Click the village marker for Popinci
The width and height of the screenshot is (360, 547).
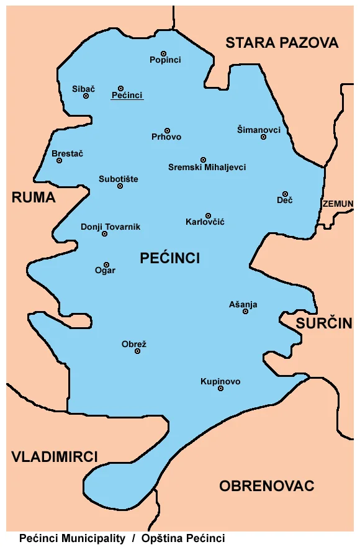point(164,53)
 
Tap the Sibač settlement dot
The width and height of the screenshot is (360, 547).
point(86,96)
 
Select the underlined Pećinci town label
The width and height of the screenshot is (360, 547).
point(127,96)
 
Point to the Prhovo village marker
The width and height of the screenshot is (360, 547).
point(167,130)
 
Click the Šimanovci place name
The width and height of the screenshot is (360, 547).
point(259,130)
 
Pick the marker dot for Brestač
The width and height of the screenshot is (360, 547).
point(59,160)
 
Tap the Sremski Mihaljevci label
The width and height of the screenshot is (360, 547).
point(207,168)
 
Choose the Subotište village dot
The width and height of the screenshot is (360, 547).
point(120,186)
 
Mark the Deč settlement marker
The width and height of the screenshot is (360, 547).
point(285,194)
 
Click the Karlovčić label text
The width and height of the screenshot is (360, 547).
point(205,222)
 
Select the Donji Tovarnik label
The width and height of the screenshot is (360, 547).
point(110,227)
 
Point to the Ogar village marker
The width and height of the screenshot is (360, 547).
point(106,264)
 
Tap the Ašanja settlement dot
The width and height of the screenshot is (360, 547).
point(245,311)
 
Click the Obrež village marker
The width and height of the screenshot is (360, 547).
point(137,351)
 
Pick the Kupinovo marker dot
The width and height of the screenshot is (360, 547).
point(220,388)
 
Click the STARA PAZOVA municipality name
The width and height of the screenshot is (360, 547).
point(282,43)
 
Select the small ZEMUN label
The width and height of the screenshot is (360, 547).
point(338,204)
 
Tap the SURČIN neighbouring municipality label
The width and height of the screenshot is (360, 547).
point(324,323)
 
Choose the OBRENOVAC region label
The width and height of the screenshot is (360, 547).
point(267,486)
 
